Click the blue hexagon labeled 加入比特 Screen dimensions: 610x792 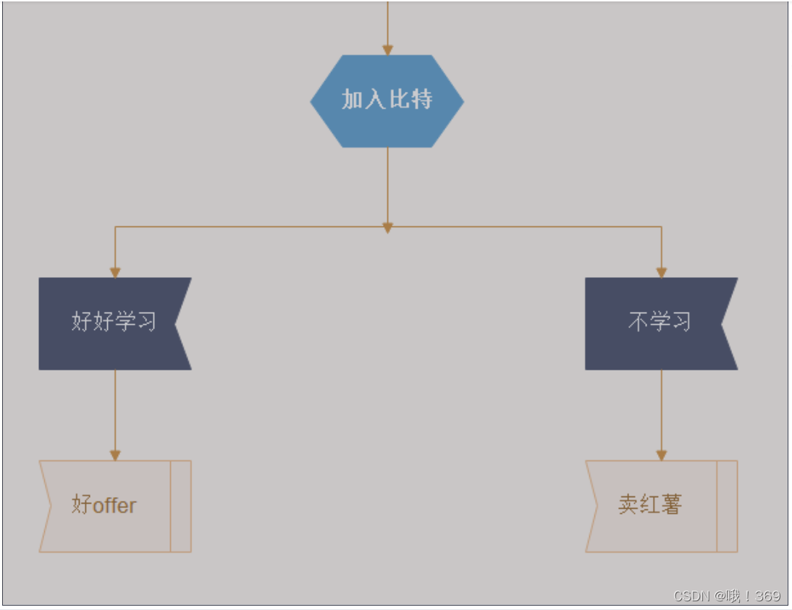click(x=387, y=101)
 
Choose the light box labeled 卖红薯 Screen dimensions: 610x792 click(x=652, y=506)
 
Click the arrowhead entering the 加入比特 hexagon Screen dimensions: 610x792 click(x=387, y=50)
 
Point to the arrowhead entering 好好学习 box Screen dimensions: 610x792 click(x=114, y=273)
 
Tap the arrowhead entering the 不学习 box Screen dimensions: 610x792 click(x=661, y=273)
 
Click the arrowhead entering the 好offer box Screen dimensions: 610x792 click(x=114, y=455)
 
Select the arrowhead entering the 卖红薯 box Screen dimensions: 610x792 click(x=661, y=455)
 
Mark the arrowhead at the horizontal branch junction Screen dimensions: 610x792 click(x=387, y=228)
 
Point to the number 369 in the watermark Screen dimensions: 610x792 click(x=767, y=596)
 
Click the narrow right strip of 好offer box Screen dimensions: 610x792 click(x=181, y=506)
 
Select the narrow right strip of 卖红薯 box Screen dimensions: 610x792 click(x=727, y=506)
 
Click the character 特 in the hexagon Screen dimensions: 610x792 click(x=421, y=100)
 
